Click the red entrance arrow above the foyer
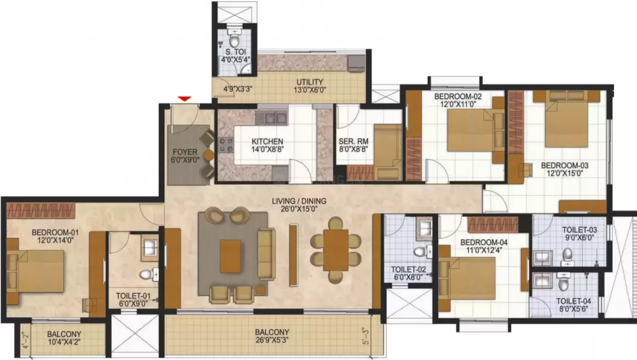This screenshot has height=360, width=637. click(185, 99)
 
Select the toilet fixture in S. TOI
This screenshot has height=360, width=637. click(234, 40)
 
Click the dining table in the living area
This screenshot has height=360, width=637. click(336, 250)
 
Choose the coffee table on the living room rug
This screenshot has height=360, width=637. click(231, 256)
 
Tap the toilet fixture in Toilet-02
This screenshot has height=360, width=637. click(420, 251)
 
